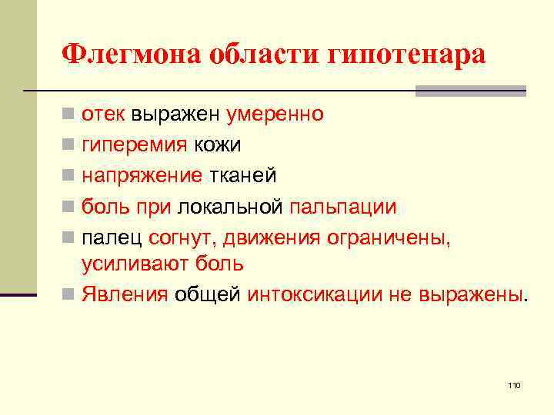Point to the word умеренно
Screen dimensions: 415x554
coord(275,115)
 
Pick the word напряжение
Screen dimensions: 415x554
coord(142,176)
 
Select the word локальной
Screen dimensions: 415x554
coord(232,207)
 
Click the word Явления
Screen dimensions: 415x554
coord(125,294)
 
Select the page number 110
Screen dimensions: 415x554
coord(515,384)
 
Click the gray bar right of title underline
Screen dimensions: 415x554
coord(470,91)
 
